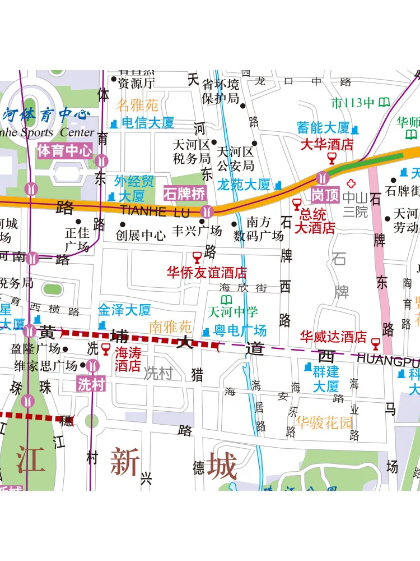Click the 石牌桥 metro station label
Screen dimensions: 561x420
[x=185, y=194]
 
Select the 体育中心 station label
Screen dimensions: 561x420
[x=64, y=150]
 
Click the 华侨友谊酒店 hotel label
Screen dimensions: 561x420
[x=207, y=273]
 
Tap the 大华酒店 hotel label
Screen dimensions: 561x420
[x=328, y=144]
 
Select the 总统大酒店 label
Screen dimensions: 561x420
[x=317, y=221]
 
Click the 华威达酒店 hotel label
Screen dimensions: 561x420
[x=333, y=337]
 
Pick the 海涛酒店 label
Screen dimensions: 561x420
[x=128, y=359]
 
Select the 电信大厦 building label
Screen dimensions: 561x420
[x=148, y=123]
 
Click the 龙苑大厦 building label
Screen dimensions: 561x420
[x=243, y=185]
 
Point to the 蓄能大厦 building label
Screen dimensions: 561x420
[x=323, y=127]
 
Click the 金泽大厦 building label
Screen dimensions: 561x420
[x=124, y=310]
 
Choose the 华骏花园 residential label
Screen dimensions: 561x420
[x=324, y=422]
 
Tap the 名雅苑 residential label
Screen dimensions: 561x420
[x=137, y=105]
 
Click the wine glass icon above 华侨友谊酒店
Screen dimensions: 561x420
[x=197, y=257]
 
